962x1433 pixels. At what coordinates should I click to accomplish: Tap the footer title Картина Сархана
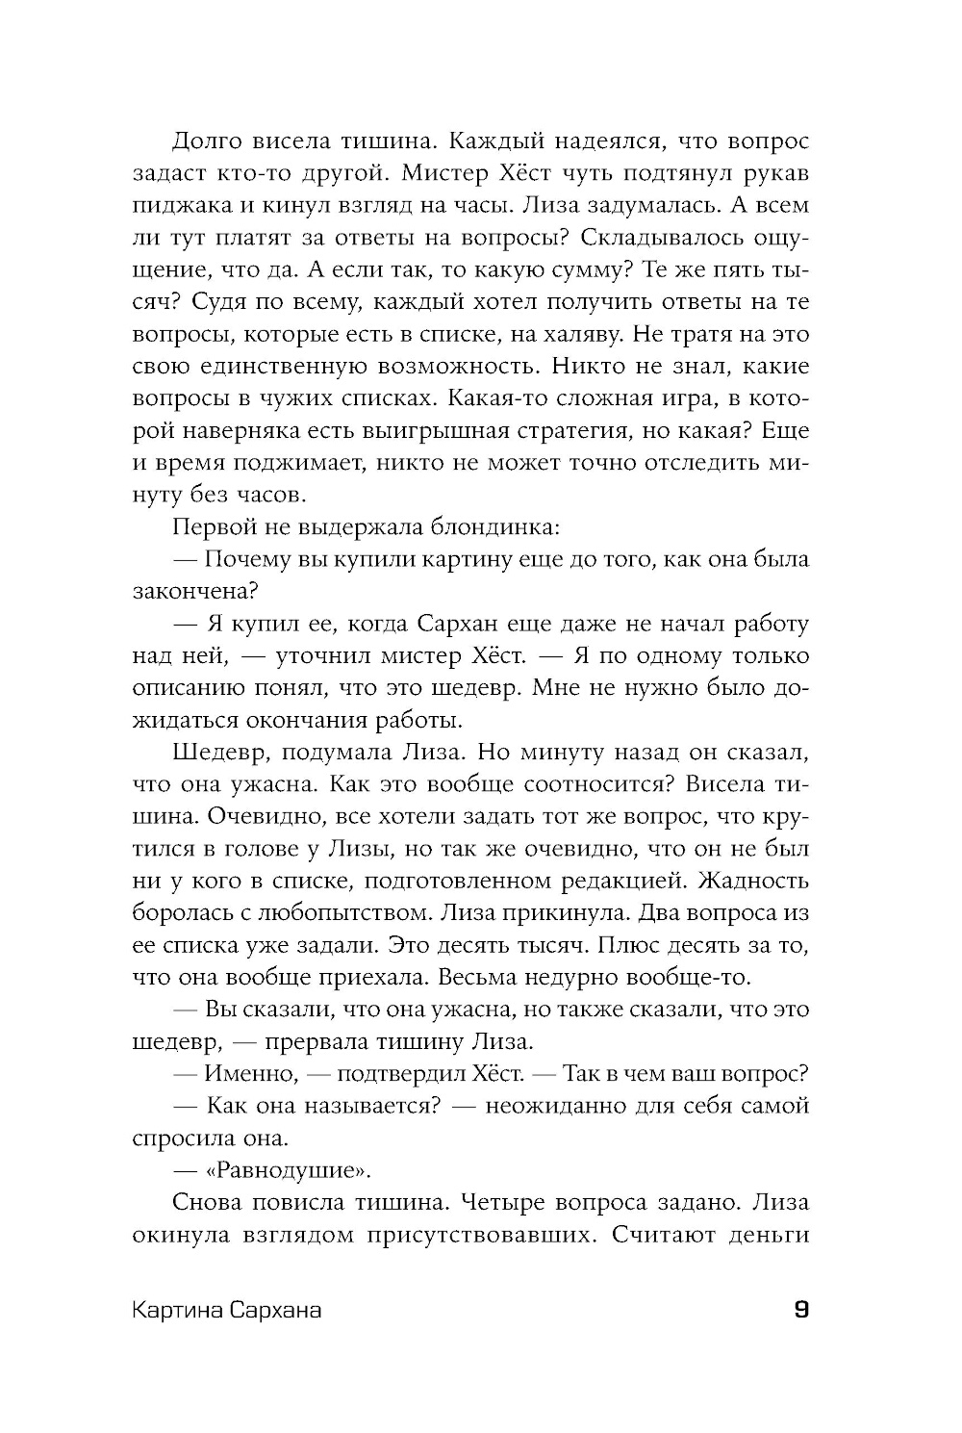pos(227,1311)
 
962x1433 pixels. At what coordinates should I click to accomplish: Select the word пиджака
pos(174,206)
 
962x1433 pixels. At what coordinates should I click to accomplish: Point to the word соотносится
pos(571,784)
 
